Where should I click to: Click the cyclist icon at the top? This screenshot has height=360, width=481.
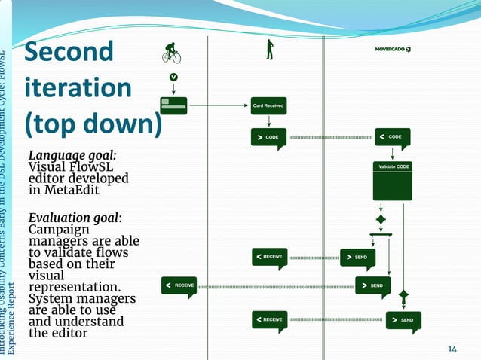[x=172, y=52]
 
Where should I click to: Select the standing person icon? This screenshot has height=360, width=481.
[x=268, y=50]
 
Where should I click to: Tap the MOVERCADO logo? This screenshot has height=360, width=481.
[x=392, y=50]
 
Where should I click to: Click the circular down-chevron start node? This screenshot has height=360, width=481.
[x=173, y=77]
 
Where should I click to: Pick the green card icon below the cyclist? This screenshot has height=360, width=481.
[x=173, y=105]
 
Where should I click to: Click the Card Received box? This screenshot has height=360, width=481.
[x=268, y=105]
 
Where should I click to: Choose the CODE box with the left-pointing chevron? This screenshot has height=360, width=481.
[x=393, y=137]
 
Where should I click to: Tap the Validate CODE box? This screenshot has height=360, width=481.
[x=392, y=180]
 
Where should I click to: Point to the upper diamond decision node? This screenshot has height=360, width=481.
[x=381, y=219]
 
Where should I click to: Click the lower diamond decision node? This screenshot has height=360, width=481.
[x=403, y=294]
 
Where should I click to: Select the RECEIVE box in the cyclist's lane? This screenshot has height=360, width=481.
[x=179, y=285]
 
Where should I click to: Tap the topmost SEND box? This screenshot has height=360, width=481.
[x=357, y=258]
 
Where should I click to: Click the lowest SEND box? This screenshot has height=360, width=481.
[x=403, y=320]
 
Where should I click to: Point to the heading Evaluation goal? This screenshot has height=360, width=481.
[x=75, y=218]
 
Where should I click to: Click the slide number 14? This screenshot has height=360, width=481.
[x=452, y=348]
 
